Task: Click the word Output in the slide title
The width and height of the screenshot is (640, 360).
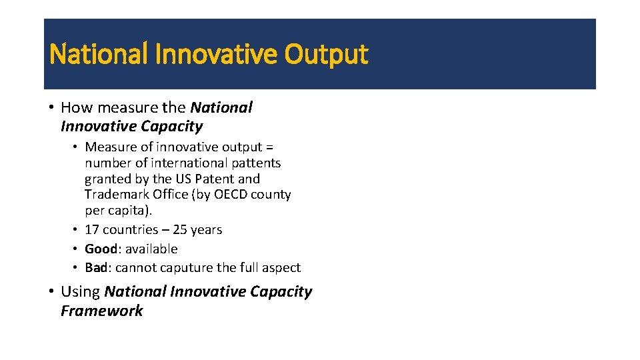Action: click(x=326, y=55)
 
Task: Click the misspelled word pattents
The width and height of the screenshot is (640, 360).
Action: click(x=257, y=163)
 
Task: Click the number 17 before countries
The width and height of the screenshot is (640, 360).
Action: click(x=92, y=229)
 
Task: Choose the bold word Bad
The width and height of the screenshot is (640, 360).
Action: click(x=95, y=267)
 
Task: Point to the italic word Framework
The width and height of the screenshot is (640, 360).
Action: click(x=101, y=311)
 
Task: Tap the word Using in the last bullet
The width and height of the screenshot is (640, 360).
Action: click(x=80, y=291)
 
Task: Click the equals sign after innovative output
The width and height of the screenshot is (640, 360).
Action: click(x=269, y=147)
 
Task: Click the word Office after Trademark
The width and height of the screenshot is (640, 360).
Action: click(x=167, y=195)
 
